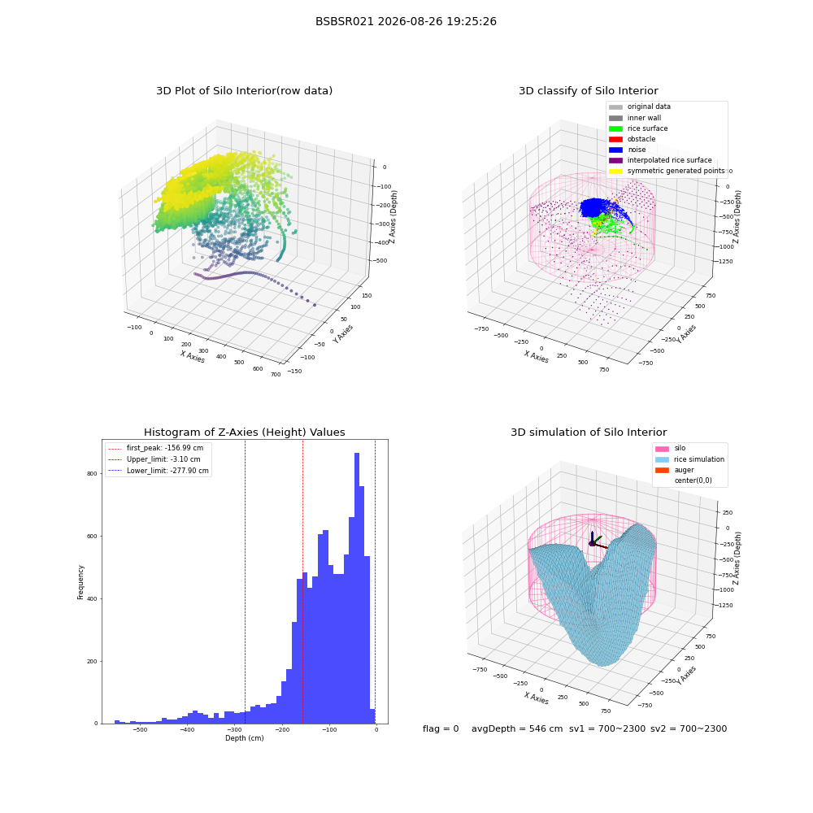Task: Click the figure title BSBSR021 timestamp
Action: pos(406,21)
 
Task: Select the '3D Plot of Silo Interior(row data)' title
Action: pos(244,91)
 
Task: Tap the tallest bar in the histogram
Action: pos(357,588)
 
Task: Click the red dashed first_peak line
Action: pos(302,581)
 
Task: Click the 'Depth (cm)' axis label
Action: pos(244,738)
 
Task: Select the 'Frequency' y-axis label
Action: pos(80,582)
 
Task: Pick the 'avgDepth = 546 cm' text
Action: pos(517,728)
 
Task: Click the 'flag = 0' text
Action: pos(441,728)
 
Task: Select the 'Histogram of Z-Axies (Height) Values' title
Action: pos(244,433)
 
